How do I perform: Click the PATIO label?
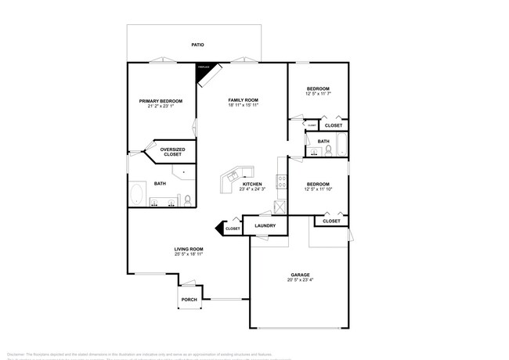(x=198, y=45)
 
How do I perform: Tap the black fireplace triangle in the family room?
(x=204, y=70)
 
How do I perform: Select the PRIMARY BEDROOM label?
(x=161, y=101)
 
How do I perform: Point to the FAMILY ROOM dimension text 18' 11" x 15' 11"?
(x=243, y=106)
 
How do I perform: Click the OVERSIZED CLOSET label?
(x=172, y=151)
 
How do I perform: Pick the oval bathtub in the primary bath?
(x=137, y=194)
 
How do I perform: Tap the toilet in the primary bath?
(x=188, y=202)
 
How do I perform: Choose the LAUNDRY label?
(x=265, y=225)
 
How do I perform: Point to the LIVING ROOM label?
(x=189, y=250)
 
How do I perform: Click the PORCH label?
(x=189, y=300)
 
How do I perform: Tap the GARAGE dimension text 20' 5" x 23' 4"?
(x=301, y=279)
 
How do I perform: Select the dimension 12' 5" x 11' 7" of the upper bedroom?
(x=317, y=94)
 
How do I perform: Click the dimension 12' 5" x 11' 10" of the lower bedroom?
(x=317, y=189)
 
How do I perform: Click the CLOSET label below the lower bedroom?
(x=331, y=221)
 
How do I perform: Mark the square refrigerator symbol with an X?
(x=280, y=207)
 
